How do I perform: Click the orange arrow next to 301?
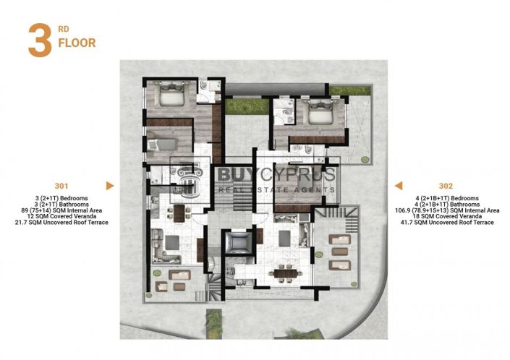tap(109, 186)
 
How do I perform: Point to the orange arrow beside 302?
tap(398, 186)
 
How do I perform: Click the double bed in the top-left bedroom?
tap(173, 95)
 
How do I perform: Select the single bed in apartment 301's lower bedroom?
tap(163, 144)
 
